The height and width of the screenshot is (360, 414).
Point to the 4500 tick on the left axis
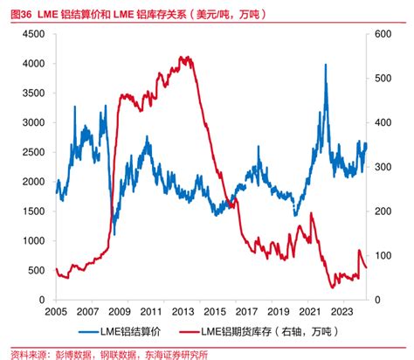(x=34, y=34)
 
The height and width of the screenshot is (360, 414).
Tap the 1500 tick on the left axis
(x=34, y=211)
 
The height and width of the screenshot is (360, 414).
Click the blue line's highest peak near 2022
(x=325, y=65)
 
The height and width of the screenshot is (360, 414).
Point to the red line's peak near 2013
(x=183, y=58)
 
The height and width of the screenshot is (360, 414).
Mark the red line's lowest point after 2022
(x=333, y=287)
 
